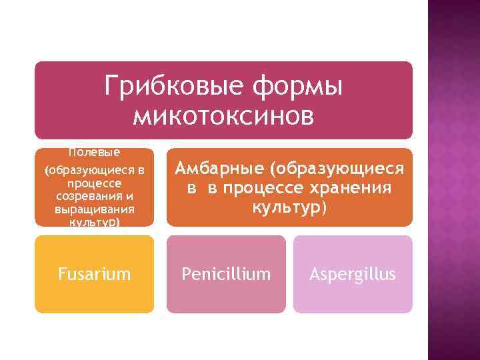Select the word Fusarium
pyautogui.click(x=94, y=274)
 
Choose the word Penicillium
pyautogui.click(x=226, y=274)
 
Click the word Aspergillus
pyautogui.click(x=353, y=274)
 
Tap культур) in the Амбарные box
pyautogui.click(x=289, y=207)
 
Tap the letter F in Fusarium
pyautogui.click(x=61, y=274)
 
